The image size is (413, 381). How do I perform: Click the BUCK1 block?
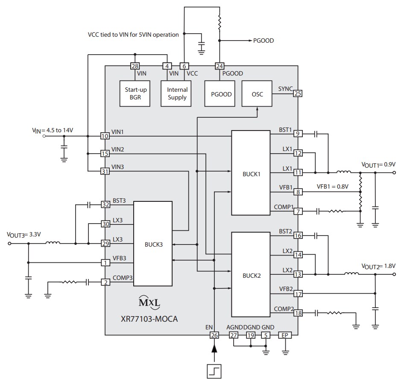(250, 172)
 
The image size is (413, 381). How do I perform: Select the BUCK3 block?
(153, 244)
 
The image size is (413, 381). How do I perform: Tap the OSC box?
(258, 94)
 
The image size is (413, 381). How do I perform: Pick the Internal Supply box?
(177, 94)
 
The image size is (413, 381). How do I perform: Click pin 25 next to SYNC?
(297, 93)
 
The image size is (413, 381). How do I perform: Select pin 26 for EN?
(214, 335)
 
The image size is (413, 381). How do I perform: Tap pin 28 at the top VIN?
(135, 66)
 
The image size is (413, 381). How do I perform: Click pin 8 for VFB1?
(298, 192)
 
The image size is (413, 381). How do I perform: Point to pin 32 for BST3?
(105, 204)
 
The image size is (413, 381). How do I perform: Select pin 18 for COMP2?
(298, 313)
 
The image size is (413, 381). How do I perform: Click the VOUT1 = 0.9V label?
(378, 164)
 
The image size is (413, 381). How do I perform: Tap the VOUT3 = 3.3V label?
(26, 234)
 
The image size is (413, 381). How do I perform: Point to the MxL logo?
(149, 302)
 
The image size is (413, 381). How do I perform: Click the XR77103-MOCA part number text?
(149, 318)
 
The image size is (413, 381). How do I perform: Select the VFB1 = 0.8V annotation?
(332, 186)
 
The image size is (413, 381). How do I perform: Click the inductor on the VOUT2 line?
(351, 274)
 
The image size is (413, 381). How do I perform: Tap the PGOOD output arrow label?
(263, 41)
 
